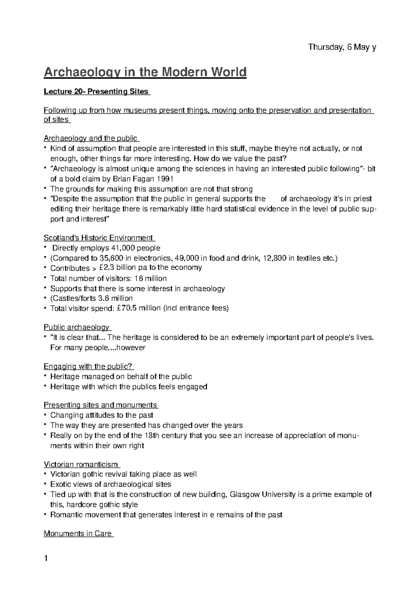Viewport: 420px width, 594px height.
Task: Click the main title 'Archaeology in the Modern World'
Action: tap(145, 72)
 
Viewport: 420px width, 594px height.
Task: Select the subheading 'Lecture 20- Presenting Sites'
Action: tap(96, 92)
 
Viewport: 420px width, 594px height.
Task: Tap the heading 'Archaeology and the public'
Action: tap(90, 138)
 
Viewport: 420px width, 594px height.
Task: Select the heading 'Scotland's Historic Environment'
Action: tap(98, 238)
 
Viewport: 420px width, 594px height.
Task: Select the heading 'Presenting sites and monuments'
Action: tap(100, 405)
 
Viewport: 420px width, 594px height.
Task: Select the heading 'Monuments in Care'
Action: tap(78, 533)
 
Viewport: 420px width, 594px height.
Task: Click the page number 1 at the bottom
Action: tap(45, 559)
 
